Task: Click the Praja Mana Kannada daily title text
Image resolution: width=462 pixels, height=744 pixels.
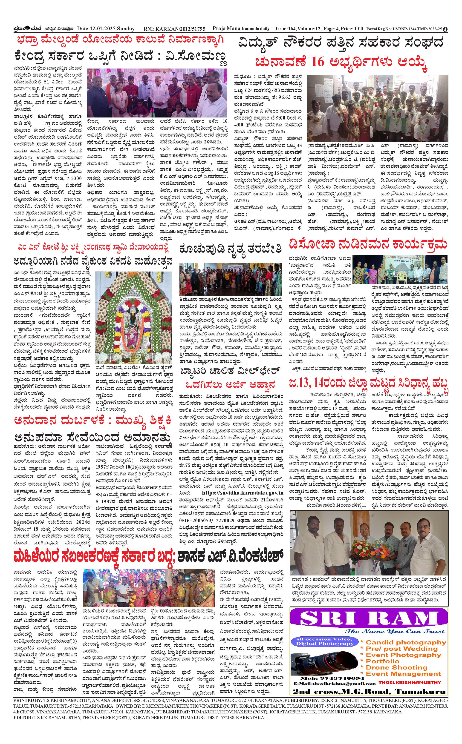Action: [x=241, y=29]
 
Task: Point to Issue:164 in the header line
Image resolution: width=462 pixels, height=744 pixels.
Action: [x=285, y=29]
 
